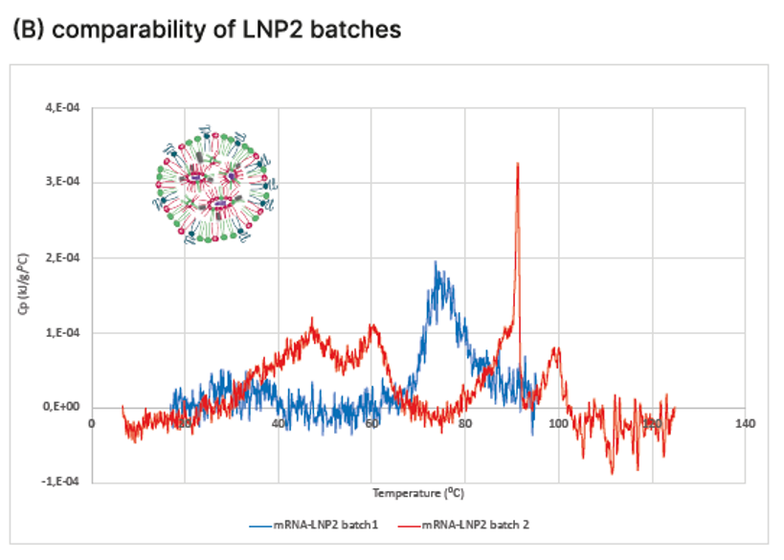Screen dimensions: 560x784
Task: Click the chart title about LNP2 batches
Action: pos(206,30)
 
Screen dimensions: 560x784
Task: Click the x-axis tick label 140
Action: pos(746,423)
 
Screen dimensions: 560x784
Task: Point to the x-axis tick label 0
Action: pos(92,423)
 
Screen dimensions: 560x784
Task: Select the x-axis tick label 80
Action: pos(465,423)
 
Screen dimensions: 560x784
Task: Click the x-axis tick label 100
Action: pos(558,423)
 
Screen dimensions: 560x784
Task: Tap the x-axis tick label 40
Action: pos(279,423)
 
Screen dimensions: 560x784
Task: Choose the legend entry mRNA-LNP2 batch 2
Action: pos(482,526)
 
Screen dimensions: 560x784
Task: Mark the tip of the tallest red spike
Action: pos(518,164)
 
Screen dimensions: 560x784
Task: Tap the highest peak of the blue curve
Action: pos(436,262)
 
